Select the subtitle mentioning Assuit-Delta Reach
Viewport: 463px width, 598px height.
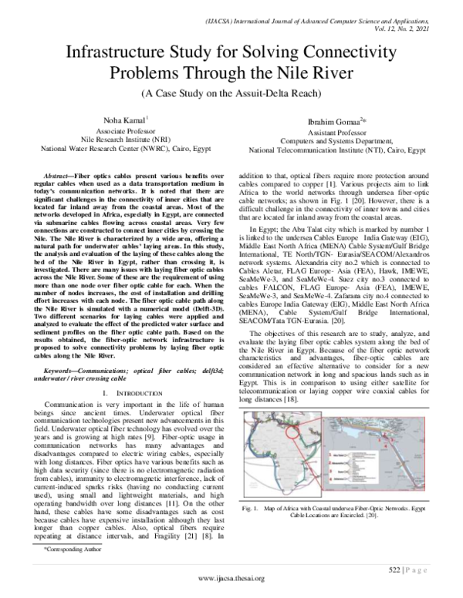click(x=231, y=95)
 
